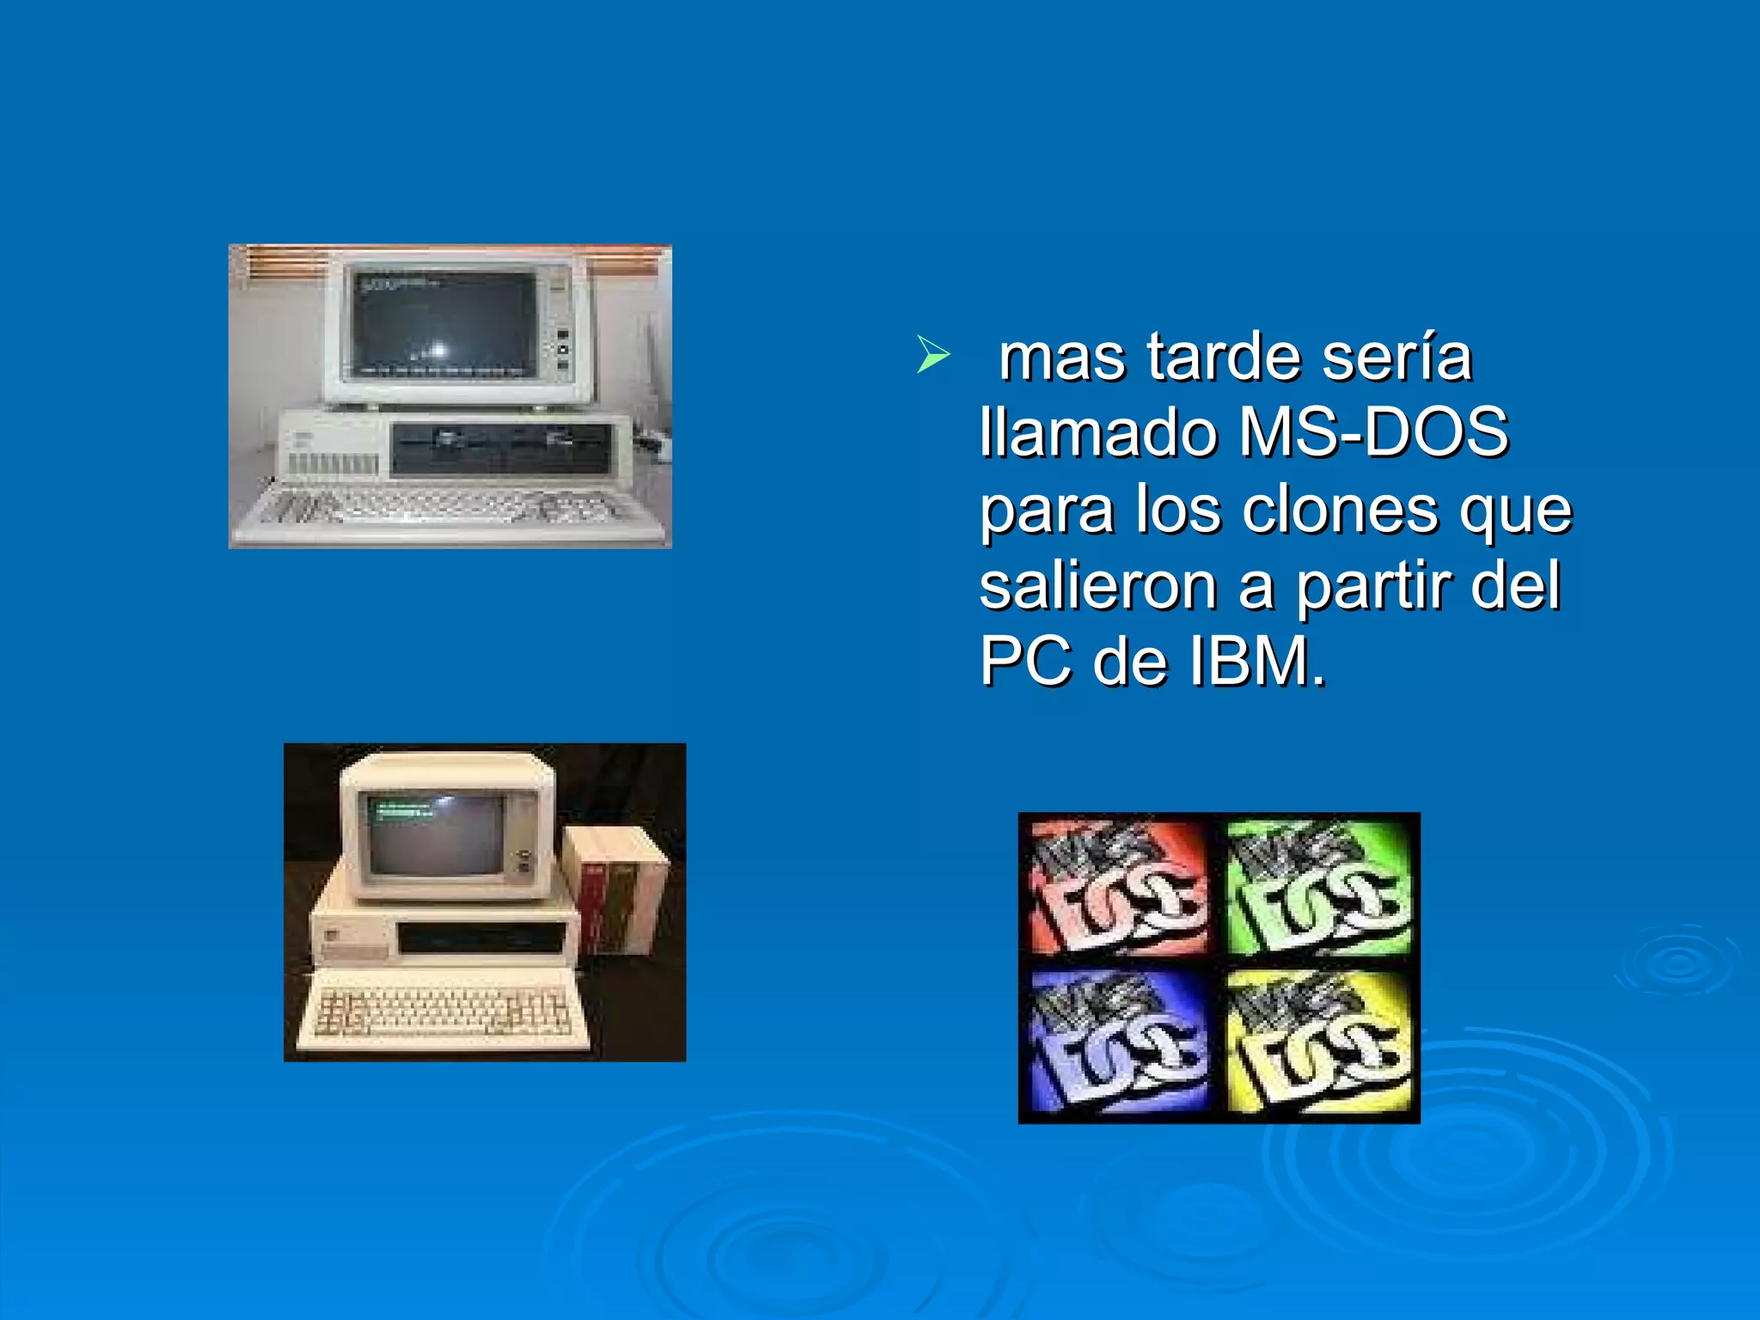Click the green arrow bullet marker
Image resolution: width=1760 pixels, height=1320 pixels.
932,354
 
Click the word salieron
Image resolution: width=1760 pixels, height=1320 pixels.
1098,586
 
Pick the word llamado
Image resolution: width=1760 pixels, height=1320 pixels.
1100,431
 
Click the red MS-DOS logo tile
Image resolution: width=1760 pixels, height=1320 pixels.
1117,889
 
